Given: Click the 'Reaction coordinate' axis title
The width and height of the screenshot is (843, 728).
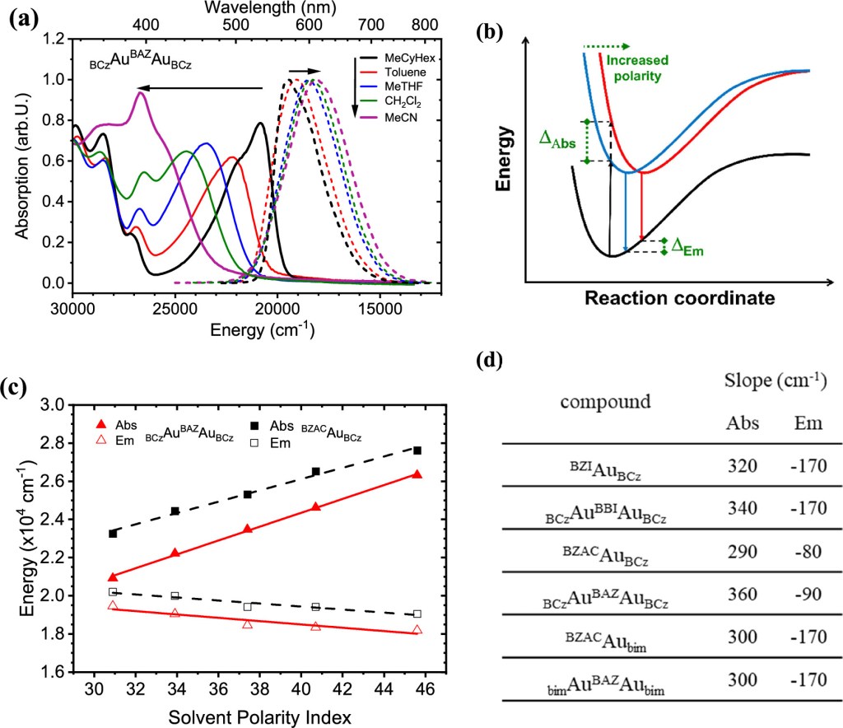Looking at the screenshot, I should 680,297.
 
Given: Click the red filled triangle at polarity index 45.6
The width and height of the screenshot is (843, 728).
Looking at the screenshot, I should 417,474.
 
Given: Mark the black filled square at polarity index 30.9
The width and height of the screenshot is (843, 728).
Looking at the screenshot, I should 113,534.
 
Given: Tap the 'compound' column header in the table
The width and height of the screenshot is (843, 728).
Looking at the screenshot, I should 606,403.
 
